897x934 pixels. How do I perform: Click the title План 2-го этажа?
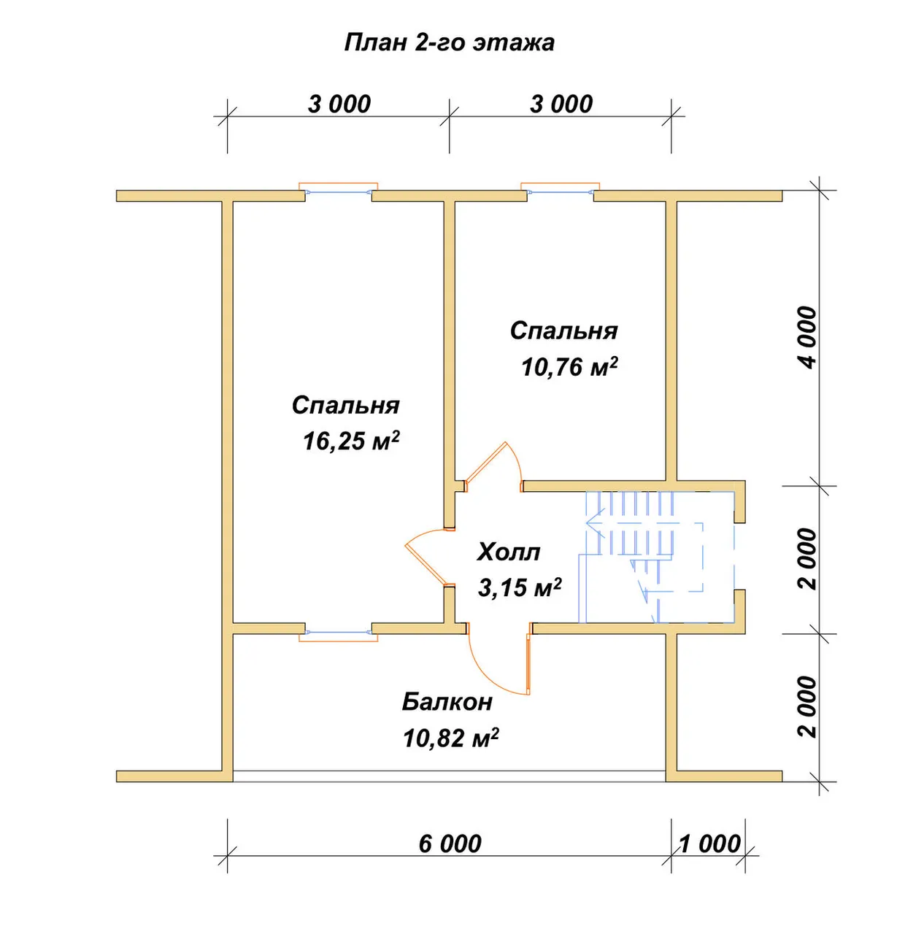(x=449, y=43)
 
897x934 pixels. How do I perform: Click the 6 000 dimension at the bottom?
(x=450, y=844)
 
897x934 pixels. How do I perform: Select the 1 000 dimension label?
(x=709, y=844)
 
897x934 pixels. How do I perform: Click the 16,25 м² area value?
(x=351, y=441)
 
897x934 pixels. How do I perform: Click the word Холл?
(x=508, y=552)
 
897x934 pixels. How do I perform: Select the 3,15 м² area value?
(x=520, y=587)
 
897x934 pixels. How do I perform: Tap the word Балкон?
(x=447, y=702)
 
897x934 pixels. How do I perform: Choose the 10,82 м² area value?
(x=450, y=738)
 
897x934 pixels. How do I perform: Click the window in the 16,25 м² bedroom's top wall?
(x=338, y=190)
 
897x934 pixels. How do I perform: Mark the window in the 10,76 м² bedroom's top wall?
(x=561, y=190)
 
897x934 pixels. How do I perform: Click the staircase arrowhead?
(x=596, y=522)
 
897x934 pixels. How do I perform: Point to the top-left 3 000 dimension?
(x=339, y=104)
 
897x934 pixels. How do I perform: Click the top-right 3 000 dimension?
(x=561, y=104)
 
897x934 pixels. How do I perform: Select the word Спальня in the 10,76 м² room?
(x=563, y=331)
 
